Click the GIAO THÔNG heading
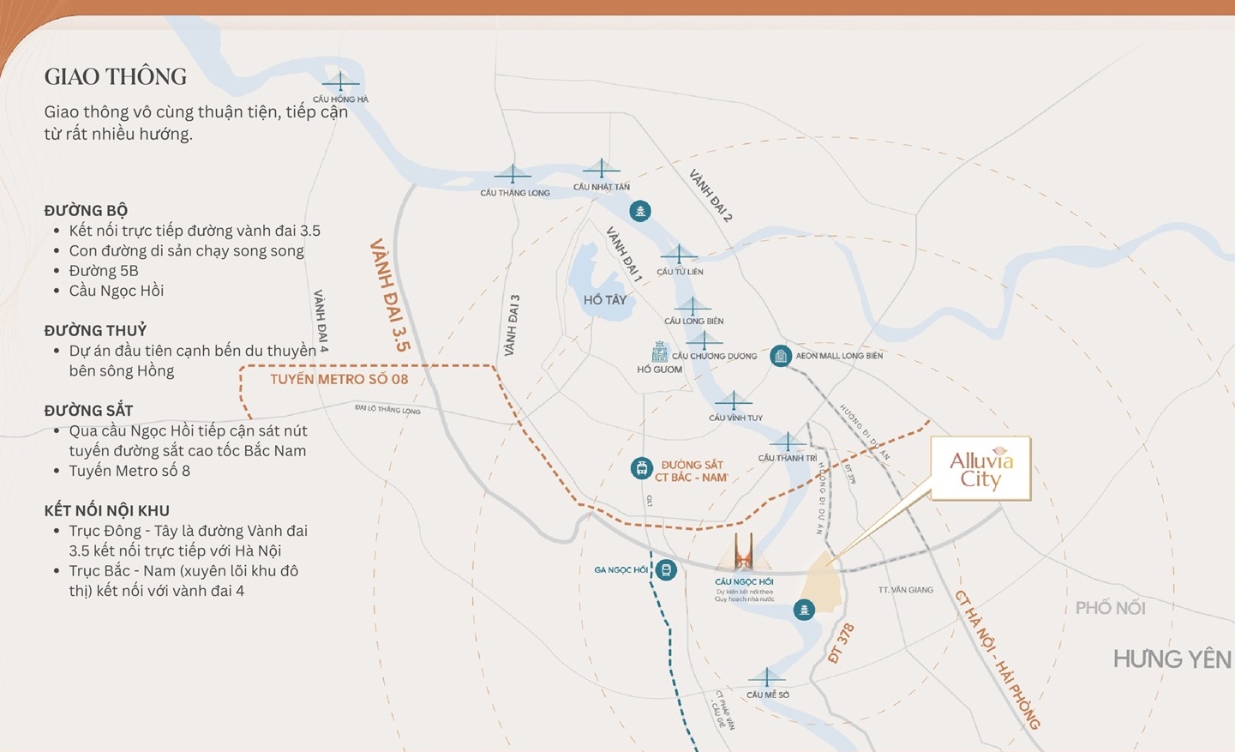(116, 77)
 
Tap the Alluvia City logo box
(980, 469)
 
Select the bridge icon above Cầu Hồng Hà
(340, 82)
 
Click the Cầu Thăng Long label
(515, 193)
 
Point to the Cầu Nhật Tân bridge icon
(601, 168)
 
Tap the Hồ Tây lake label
(605, 300)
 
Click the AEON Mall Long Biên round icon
(780, 356)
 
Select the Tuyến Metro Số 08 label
(339, 379)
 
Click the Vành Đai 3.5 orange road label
(390, 296)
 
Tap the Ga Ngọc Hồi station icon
(666, 570)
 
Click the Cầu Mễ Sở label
(767, 695)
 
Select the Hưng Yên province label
(1172, 659)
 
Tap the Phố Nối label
(1110, 608)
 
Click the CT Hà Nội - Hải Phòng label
(997, 659)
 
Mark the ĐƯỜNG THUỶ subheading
(95, 331)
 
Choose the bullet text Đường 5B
(104, 271)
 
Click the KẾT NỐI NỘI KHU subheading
(106, 511)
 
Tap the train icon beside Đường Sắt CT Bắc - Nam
(641, 468)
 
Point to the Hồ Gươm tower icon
(659, 352)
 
